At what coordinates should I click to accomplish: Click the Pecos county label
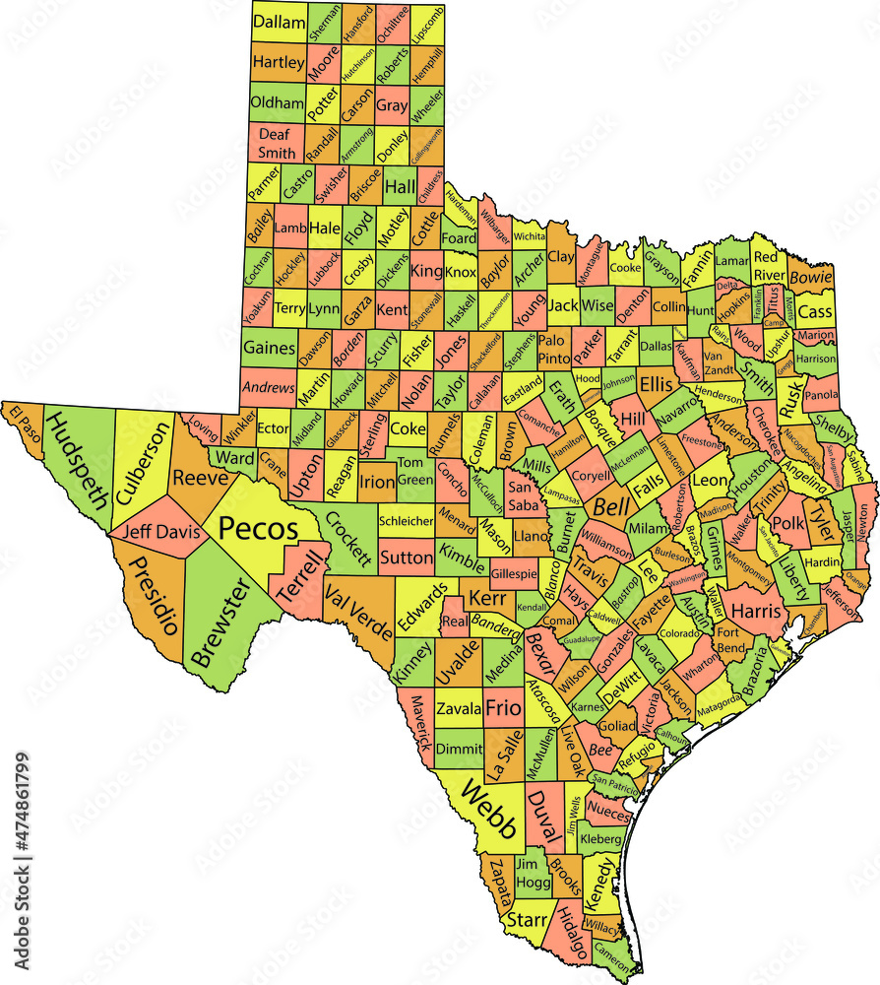[258, 529]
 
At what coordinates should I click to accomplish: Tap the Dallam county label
[279, 22]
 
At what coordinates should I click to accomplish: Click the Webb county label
[489, 810]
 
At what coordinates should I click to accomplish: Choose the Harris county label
[755, 611]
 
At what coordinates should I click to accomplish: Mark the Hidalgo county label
[570, 930]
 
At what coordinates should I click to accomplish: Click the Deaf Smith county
[277, 144]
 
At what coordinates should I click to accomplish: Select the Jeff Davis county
[160, 533]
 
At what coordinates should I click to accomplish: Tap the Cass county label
[814, 312]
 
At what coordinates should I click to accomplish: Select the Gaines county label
[269, 347]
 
